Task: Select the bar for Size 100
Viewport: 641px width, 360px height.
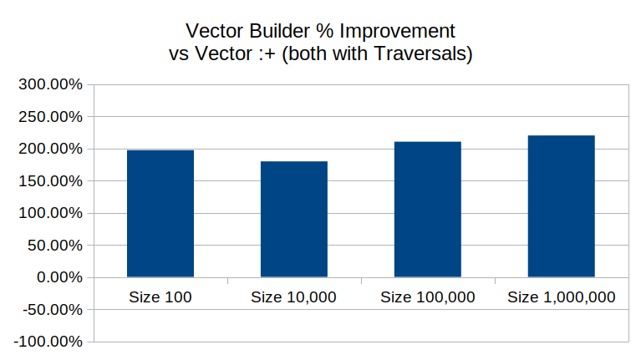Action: [160, 214]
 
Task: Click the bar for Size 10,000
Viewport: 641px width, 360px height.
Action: [294, 220]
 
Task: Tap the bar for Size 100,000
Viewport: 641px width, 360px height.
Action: [428, 210]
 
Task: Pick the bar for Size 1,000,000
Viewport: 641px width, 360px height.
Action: [562, 206]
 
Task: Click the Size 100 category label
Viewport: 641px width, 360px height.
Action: [160, 297]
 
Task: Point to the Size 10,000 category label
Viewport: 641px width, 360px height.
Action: [293, 297]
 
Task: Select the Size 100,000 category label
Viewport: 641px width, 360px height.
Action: [428, 297]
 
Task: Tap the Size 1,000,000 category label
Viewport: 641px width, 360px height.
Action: [562, 297]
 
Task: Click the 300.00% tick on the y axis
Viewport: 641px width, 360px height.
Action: [50, 84]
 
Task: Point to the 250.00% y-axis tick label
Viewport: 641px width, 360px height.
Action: [50, 117]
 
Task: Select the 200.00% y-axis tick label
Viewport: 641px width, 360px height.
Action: [50, 149]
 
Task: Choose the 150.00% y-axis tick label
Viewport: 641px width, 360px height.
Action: [50, 181]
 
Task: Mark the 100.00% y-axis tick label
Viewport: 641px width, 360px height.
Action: [50, 213]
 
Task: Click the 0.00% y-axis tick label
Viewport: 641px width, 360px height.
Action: [59, 277]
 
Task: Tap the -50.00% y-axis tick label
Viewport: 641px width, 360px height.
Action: [53, 310]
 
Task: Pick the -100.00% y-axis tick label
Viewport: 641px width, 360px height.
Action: [48, 342]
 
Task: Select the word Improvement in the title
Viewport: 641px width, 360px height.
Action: [397, 32]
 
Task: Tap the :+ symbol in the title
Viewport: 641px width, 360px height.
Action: [267, 54]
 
